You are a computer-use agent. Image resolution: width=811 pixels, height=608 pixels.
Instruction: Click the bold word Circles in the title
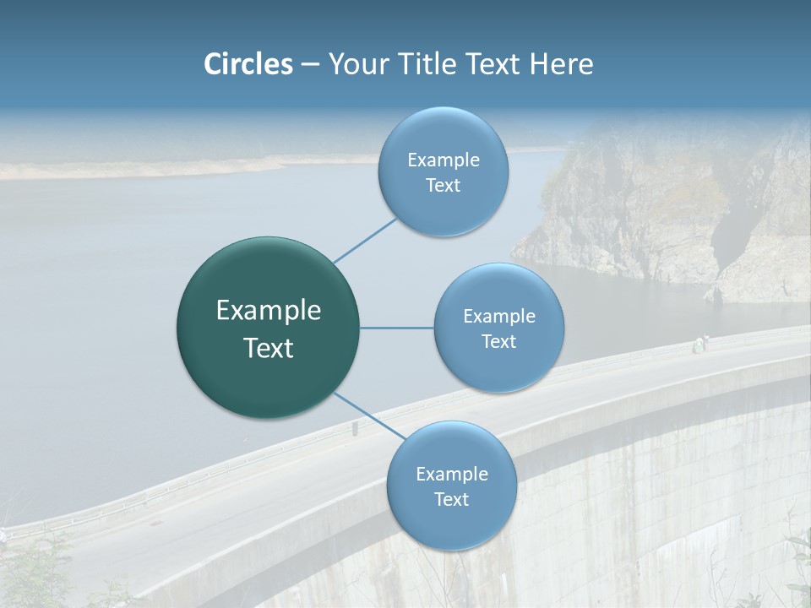(x=248, y=64)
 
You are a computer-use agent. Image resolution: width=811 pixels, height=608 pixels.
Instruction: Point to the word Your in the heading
(x=357, y=64)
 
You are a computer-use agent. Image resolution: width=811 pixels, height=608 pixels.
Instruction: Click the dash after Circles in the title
(x=309, y=65)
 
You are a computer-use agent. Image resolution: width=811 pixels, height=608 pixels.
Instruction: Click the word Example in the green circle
(x=269, y=311)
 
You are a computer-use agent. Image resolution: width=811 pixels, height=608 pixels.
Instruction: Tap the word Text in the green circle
(x=269, y=348)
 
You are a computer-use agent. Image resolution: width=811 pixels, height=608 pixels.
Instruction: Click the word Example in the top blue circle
(x=443, y=160)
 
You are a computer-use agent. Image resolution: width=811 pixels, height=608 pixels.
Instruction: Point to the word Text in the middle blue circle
(x=498, y=341)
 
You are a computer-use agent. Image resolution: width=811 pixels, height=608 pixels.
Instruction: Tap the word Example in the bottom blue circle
(x=451, y=475)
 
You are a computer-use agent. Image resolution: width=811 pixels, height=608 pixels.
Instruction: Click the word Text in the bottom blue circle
(x=451, y=499)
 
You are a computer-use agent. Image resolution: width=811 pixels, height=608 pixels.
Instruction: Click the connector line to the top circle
(x=365, y=240)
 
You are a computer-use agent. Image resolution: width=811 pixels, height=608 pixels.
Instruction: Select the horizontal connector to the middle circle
(x=397, y=328)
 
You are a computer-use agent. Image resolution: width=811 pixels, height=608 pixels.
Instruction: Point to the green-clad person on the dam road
(x=700, y=345)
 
